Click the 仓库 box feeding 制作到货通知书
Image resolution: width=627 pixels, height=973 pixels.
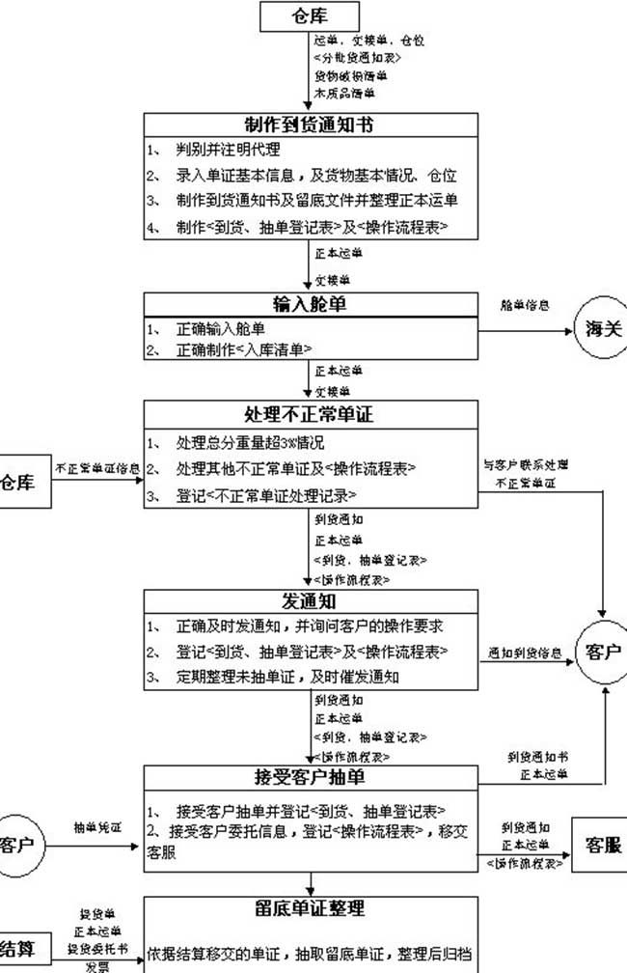[x=311, y=16]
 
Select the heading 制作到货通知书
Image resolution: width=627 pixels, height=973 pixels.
[x=311, y=125]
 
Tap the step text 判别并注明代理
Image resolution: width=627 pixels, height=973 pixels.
[x=228, y=151]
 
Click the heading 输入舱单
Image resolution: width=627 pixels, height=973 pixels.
[x=311, y=304]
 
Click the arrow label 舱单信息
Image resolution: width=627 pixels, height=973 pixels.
[x=525, y=306]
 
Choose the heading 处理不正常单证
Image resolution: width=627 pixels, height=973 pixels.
[x=311, y=416]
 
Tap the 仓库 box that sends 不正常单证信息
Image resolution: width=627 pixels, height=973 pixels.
[x=18, y=480]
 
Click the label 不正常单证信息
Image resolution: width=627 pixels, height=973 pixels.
[x=98, y=469]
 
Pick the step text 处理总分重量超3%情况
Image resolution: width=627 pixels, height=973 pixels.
[x=250, y=444]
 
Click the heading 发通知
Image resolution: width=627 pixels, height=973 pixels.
[x=311, y=600]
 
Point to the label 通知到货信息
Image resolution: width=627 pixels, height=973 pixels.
[x=525, y=653]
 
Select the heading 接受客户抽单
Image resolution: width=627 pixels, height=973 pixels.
[x=311, y=777]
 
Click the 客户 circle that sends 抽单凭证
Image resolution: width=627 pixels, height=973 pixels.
[x=16, y=846]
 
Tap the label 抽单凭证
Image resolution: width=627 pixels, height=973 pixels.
[x=97, y=828]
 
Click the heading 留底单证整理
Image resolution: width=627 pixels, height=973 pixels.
[x=311, y=908]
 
